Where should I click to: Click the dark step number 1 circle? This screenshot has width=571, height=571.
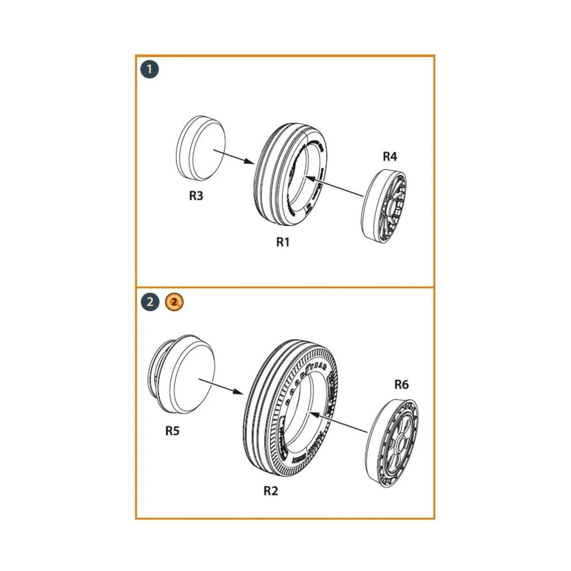click(x=149, y=70)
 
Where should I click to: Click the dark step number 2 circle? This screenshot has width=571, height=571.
click(x=150, y=302)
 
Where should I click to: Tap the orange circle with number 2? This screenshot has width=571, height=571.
click(x=174, y=302)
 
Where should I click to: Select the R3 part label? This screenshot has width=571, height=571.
click(x=196, y=196)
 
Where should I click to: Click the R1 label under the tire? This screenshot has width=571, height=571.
click(x=283, y=242)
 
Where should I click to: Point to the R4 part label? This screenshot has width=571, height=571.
click(x=390, y=157)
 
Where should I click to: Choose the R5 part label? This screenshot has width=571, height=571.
click(x=172, y=431)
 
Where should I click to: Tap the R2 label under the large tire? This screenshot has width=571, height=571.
click(x=270, y=491)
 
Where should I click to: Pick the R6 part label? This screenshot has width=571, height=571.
click(x=401, y=384)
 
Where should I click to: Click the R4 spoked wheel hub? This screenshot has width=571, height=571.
click(x=385, y=205)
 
